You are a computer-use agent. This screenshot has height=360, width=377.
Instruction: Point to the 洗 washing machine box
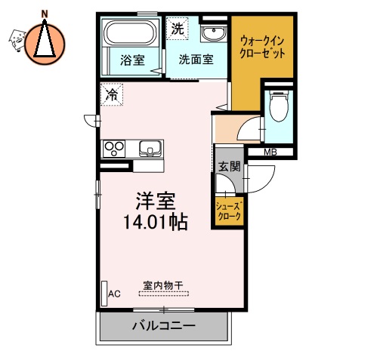click(177, 29)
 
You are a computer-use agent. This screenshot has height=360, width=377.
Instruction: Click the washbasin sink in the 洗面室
click(213, 33)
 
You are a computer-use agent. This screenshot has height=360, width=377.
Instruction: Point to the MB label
click(270, 152)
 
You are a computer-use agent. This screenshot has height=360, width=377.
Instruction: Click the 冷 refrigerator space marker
click(112, 95)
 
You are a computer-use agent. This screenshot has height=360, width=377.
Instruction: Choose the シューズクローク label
click(228, 211)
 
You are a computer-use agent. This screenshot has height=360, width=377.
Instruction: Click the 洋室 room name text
click(155, 201)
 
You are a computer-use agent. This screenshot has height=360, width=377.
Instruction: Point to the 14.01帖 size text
click(156, 223)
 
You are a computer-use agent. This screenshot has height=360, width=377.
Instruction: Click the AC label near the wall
click(115, 294)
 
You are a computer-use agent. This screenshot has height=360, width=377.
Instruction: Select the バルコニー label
click(163, 326)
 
